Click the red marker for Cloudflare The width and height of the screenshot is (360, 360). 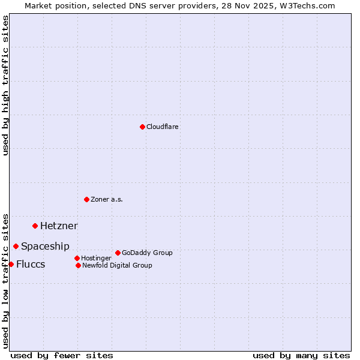[142, 127]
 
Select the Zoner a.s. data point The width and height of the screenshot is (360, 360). [86, 199]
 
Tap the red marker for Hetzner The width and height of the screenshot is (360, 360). [35, 226]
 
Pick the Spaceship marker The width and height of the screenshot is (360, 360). [16, 246]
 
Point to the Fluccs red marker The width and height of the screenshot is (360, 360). [11, 264]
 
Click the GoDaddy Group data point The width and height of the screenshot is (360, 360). [118, 253]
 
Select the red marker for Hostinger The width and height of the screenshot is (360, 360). [77, 258]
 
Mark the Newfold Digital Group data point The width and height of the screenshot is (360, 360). [78, 265]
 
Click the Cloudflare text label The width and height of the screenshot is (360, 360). [163, 127]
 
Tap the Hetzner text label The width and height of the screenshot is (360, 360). [59, 226]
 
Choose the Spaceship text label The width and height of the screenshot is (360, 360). [45, 246]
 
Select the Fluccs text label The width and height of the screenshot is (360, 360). [31, 264]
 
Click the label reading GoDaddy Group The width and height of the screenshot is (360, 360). [147, 253]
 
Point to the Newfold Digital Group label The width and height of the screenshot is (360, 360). [117, 265]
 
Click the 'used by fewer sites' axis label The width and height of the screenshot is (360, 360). [62, 355]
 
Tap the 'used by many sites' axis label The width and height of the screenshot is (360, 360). [301, 355]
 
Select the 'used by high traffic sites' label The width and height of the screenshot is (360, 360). [5, 85]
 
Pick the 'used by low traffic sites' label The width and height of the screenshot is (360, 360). [5, 281]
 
